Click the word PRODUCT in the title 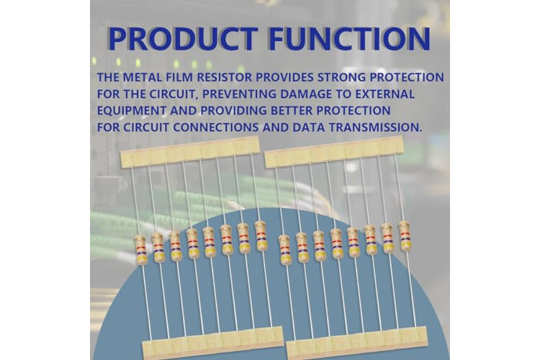[x=183, y=38]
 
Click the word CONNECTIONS [x=215, y=127]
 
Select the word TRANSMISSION [x=374, y=127]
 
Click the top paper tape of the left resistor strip [x=190, y=152]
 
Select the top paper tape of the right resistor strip [x=334, y=152]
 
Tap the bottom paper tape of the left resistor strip [x=214, y=343]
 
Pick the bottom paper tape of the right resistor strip [x=357, y=343]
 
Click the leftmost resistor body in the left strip [x=140, y=250]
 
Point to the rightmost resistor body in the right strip [x=405, y=235]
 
